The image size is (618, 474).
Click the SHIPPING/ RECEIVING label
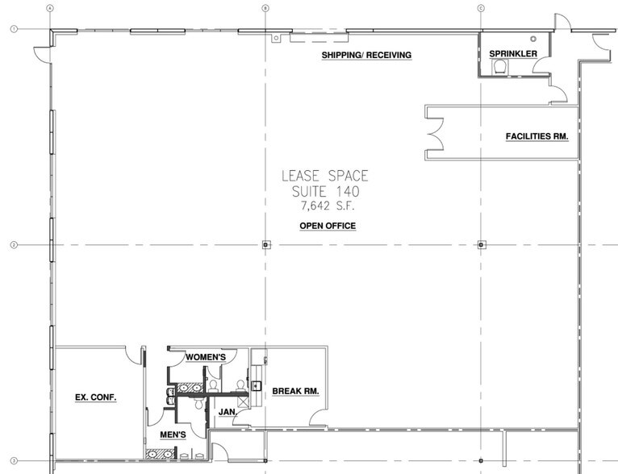click(x=366, y=55)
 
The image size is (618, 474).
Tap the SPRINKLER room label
click(x=513, y=54)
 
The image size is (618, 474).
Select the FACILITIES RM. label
click(x=537, y=136)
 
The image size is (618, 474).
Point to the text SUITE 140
click(x=325, y=193)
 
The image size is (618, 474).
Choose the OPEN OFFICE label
click(x=327, y=226)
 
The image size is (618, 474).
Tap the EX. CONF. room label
click(x=96, y=397)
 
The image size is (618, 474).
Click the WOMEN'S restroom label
click(x=206, y=356)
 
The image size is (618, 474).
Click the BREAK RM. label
click(x=295, y=391)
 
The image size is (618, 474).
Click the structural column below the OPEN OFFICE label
click(x=265, y=243)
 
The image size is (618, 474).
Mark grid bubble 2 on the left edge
click(x=14, y=244)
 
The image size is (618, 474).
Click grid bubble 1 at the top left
click(x=14, y=29)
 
